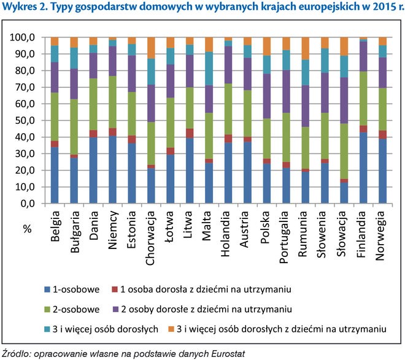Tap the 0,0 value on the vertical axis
(x=34, y=204)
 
